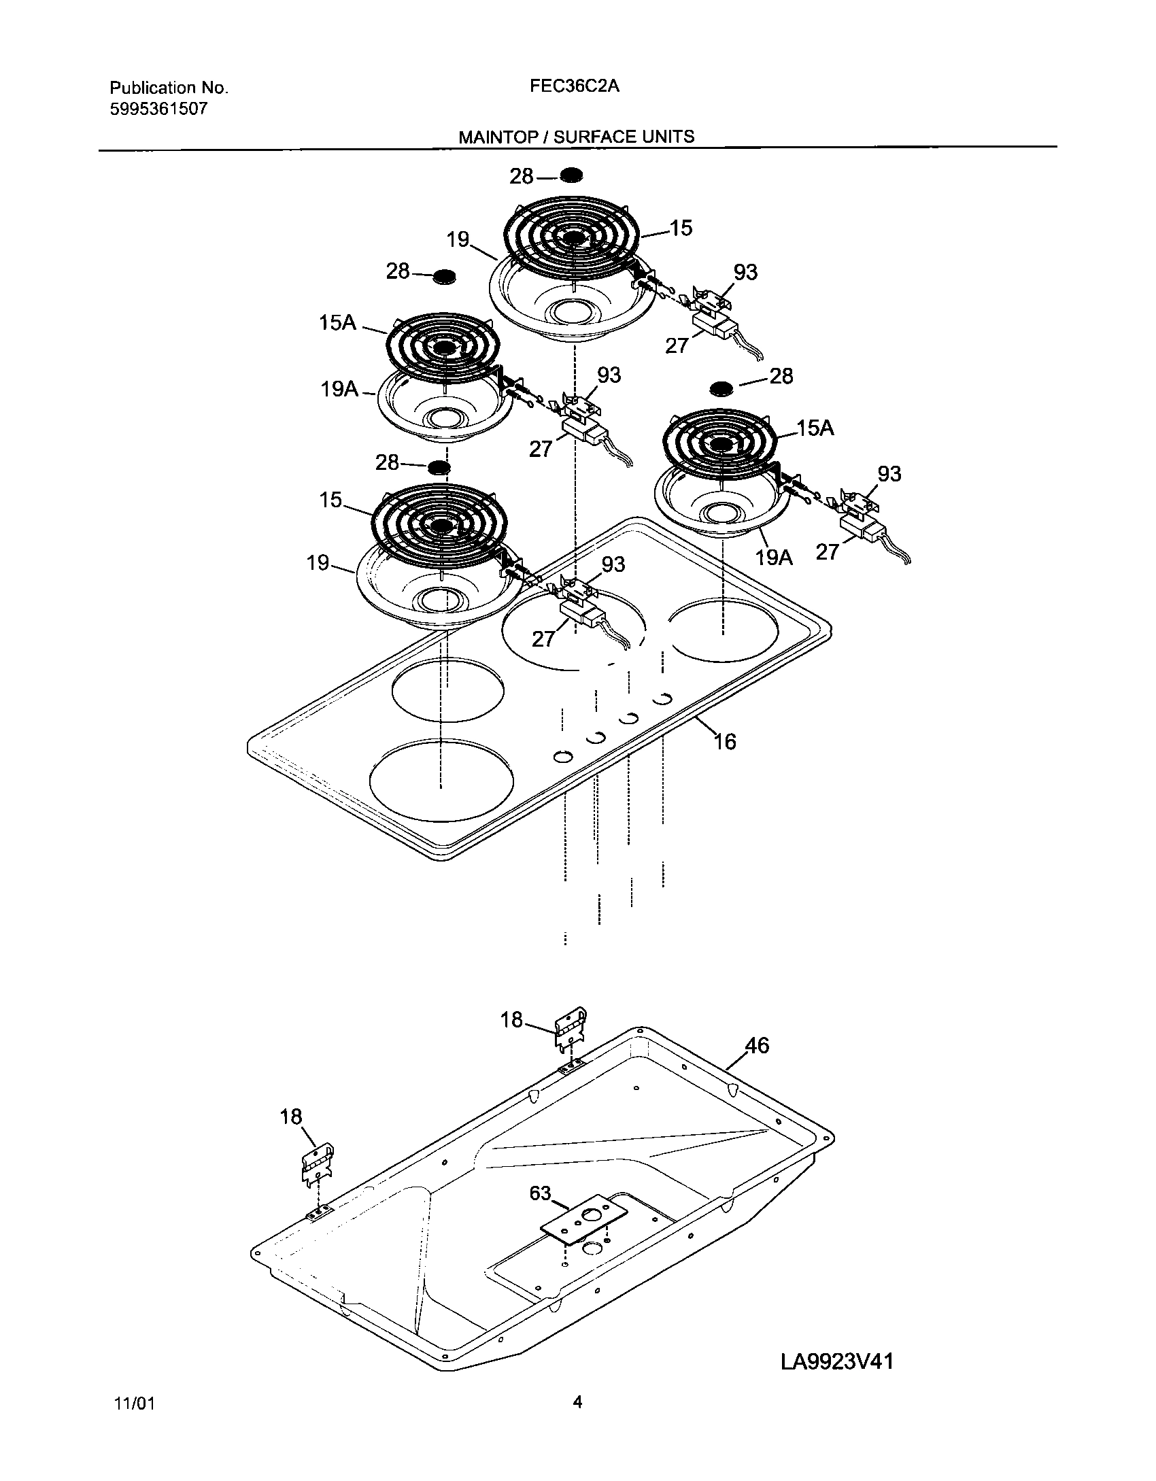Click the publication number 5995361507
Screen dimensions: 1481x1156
coord(158,109)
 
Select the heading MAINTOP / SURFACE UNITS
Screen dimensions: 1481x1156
coord(576,137)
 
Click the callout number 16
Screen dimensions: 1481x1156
coord(725,741)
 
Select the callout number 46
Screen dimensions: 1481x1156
coord(758,1045)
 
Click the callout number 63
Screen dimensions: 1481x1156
coord(540,1193)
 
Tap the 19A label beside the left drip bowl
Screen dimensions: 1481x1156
coord(339,390)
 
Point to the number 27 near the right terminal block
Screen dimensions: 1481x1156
coord(828,551)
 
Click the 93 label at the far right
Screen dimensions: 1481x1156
coord(889,474)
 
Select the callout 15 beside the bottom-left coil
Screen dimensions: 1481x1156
coord(331,500)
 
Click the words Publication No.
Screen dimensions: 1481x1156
coord(169,88)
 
